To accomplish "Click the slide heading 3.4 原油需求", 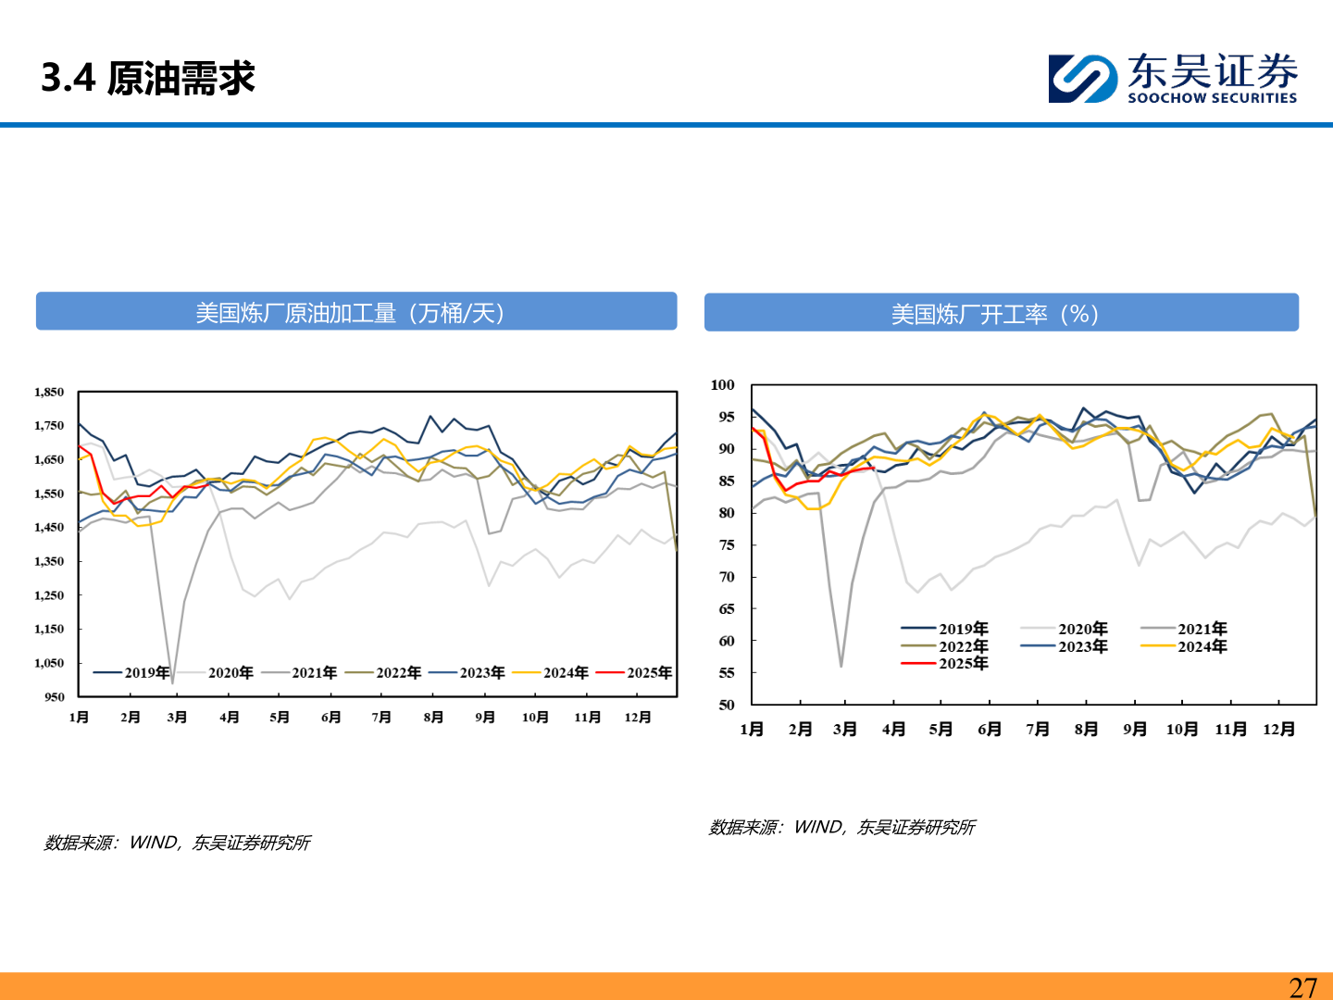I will click(x=148, y=78).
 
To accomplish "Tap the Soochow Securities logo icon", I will click(x=1082, y=78).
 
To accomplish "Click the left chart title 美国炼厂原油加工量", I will click(x=350, y=313).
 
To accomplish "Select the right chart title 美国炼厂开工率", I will click(x=994, y=314).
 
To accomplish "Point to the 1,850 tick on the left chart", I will click(x=49, y=393).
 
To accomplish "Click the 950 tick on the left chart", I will click(x=54, y=697).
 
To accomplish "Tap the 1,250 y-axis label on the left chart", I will click(x=49, y=595).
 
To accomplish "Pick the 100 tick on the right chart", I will click(x=722, y=385).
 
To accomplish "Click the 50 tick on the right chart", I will click(x=726, y=706).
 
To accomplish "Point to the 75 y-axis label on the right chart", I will click(x=726, y=545).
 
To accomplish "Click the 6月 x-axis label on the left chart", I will click(x=330, y=718).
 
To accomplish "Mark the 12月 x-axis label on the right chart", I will click(x=1278, y=730).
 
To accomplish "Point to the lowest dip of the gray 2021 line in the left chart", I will click(x=172, y=683).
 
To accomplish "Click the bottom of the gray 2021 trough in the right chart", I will click(x=841, y=666).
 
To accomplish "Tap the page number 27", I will click(x=1302, y=987).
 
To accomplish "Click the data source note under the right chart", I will click(x=841, y=827).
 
